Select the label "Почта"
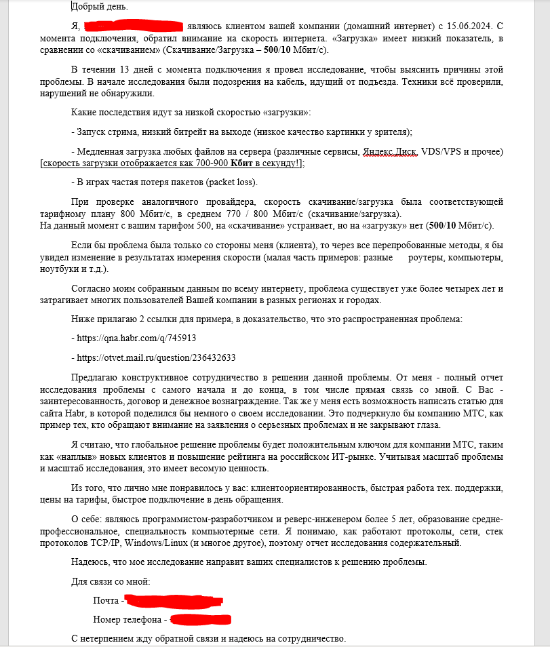[x=106, y=601]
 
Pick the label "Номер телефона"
[x=127, y=620]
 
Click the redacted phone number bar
[x=201, y=619]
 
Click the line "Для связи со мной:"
[x=111, y=582]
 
